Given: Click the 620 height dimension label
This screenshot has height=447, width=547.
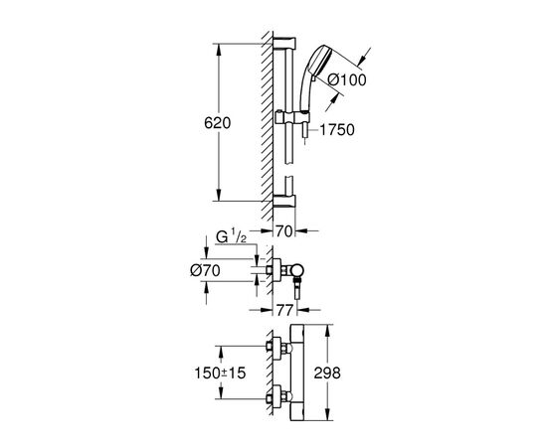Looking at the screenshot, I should tap(218, 124).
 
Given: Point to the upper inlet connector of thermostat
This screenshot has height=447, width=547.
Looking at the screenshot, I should tap(274, 348).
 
